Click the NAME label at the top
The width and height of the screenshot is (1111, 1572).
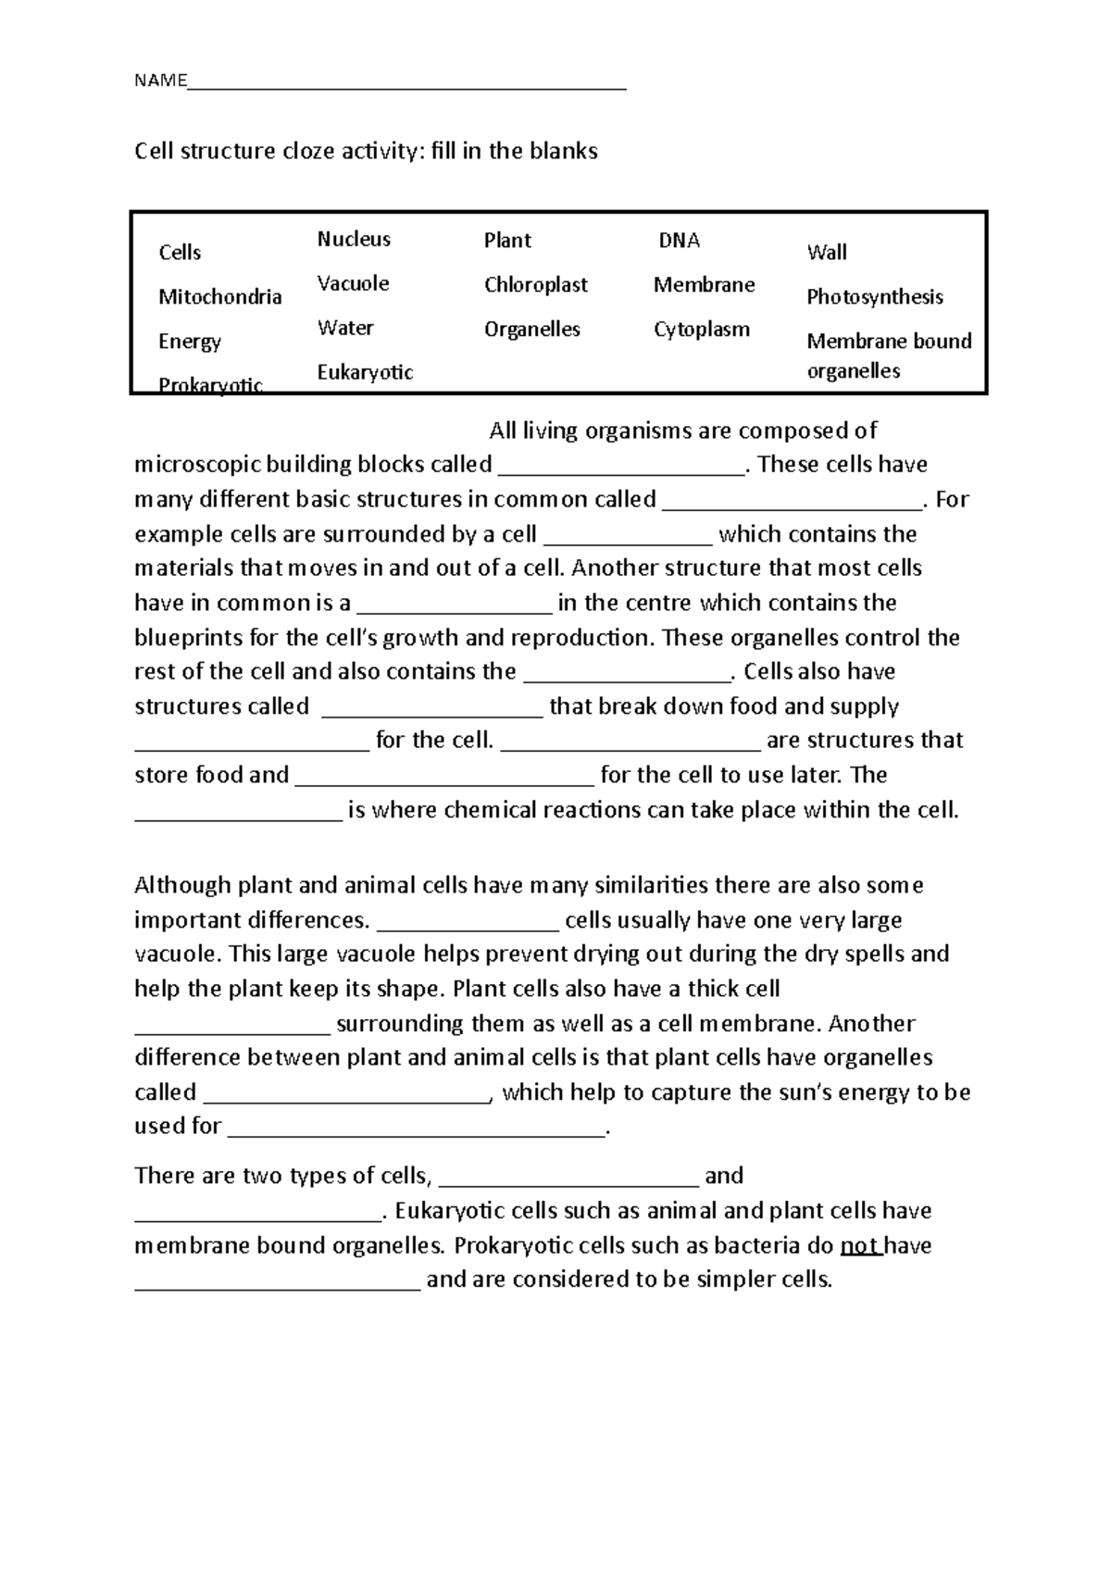click(x=160, y=81)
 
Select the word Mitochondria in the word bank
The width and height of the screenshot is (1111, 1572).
click(x=219, y=297)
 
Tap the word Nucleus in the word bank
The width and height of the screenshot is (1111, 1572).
click(x=354, y=240)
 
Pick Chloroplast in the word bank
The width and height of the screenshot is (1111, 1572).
click(x=535, y=285)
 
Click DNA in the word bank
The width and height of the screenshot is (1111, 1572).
click(x=679, y=241)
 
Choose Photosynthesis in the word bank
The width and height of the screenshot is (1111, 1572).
click(x=874, y=297)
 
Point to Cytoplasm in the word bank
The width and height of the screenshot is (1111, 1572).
click(x=701, y=330)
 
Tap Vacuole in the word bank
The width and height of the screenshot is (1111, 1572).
click(x=353, y=284)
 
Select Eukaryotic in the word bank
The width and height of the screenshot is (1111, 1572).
click(x=365, y=372)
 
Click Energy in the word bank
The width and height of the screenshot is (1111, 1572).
click(x=189, y=342)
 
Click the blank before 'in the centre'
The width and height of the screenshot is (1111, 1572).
click(x=454, y=610)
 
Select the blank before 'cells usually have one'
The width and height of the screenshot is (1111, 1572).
click(x=468, y=927)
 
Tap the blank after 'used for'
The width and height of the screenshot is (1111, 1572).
click(x=416, y=1132)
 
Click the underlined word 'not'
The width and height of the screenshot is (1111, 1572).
click(x=860, y=1246)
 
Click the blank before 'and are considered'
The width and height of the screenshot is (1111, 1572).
click(x=278, y=1287)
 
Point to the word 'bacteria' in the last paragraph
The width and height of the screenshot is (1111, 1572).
click(x=740, y=1246)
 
